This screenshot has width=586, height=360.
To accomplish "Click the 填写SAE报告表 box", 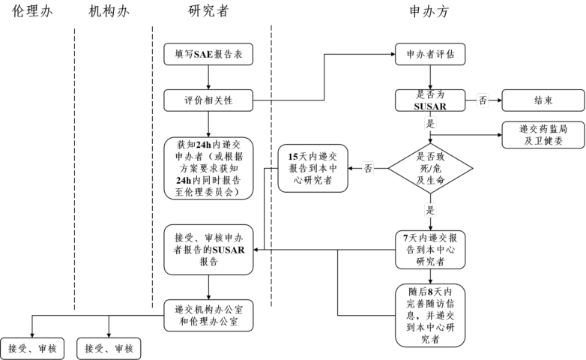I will (x=208, y=55).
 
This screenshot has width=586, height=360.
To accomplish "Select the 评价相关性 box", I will (x=208, y=100).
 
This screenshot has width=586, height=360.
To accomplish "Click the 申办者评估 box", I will (x=430, y=55).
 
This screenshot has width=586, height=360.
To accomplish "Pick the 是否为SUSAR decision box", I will (x=430, y=100).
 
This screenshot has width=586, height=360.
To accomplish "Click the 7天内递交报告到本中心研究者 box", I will (x=430, y=250).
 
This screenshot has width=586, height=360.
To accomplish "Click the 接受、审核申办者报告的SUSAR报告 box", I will (x=208, y=250).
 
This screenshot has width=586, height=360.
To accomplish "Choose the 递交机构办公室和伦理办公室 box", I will (x=208, y=315).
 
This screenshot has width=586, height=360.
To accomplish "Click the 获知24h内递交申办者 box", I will (x=208, y=168).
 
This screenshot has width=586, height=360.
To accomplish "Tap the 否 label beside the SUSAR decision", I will (x=483, y=100).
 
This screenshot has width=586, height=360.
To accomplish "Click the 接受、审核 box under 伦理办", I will (x=32, y=348).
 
